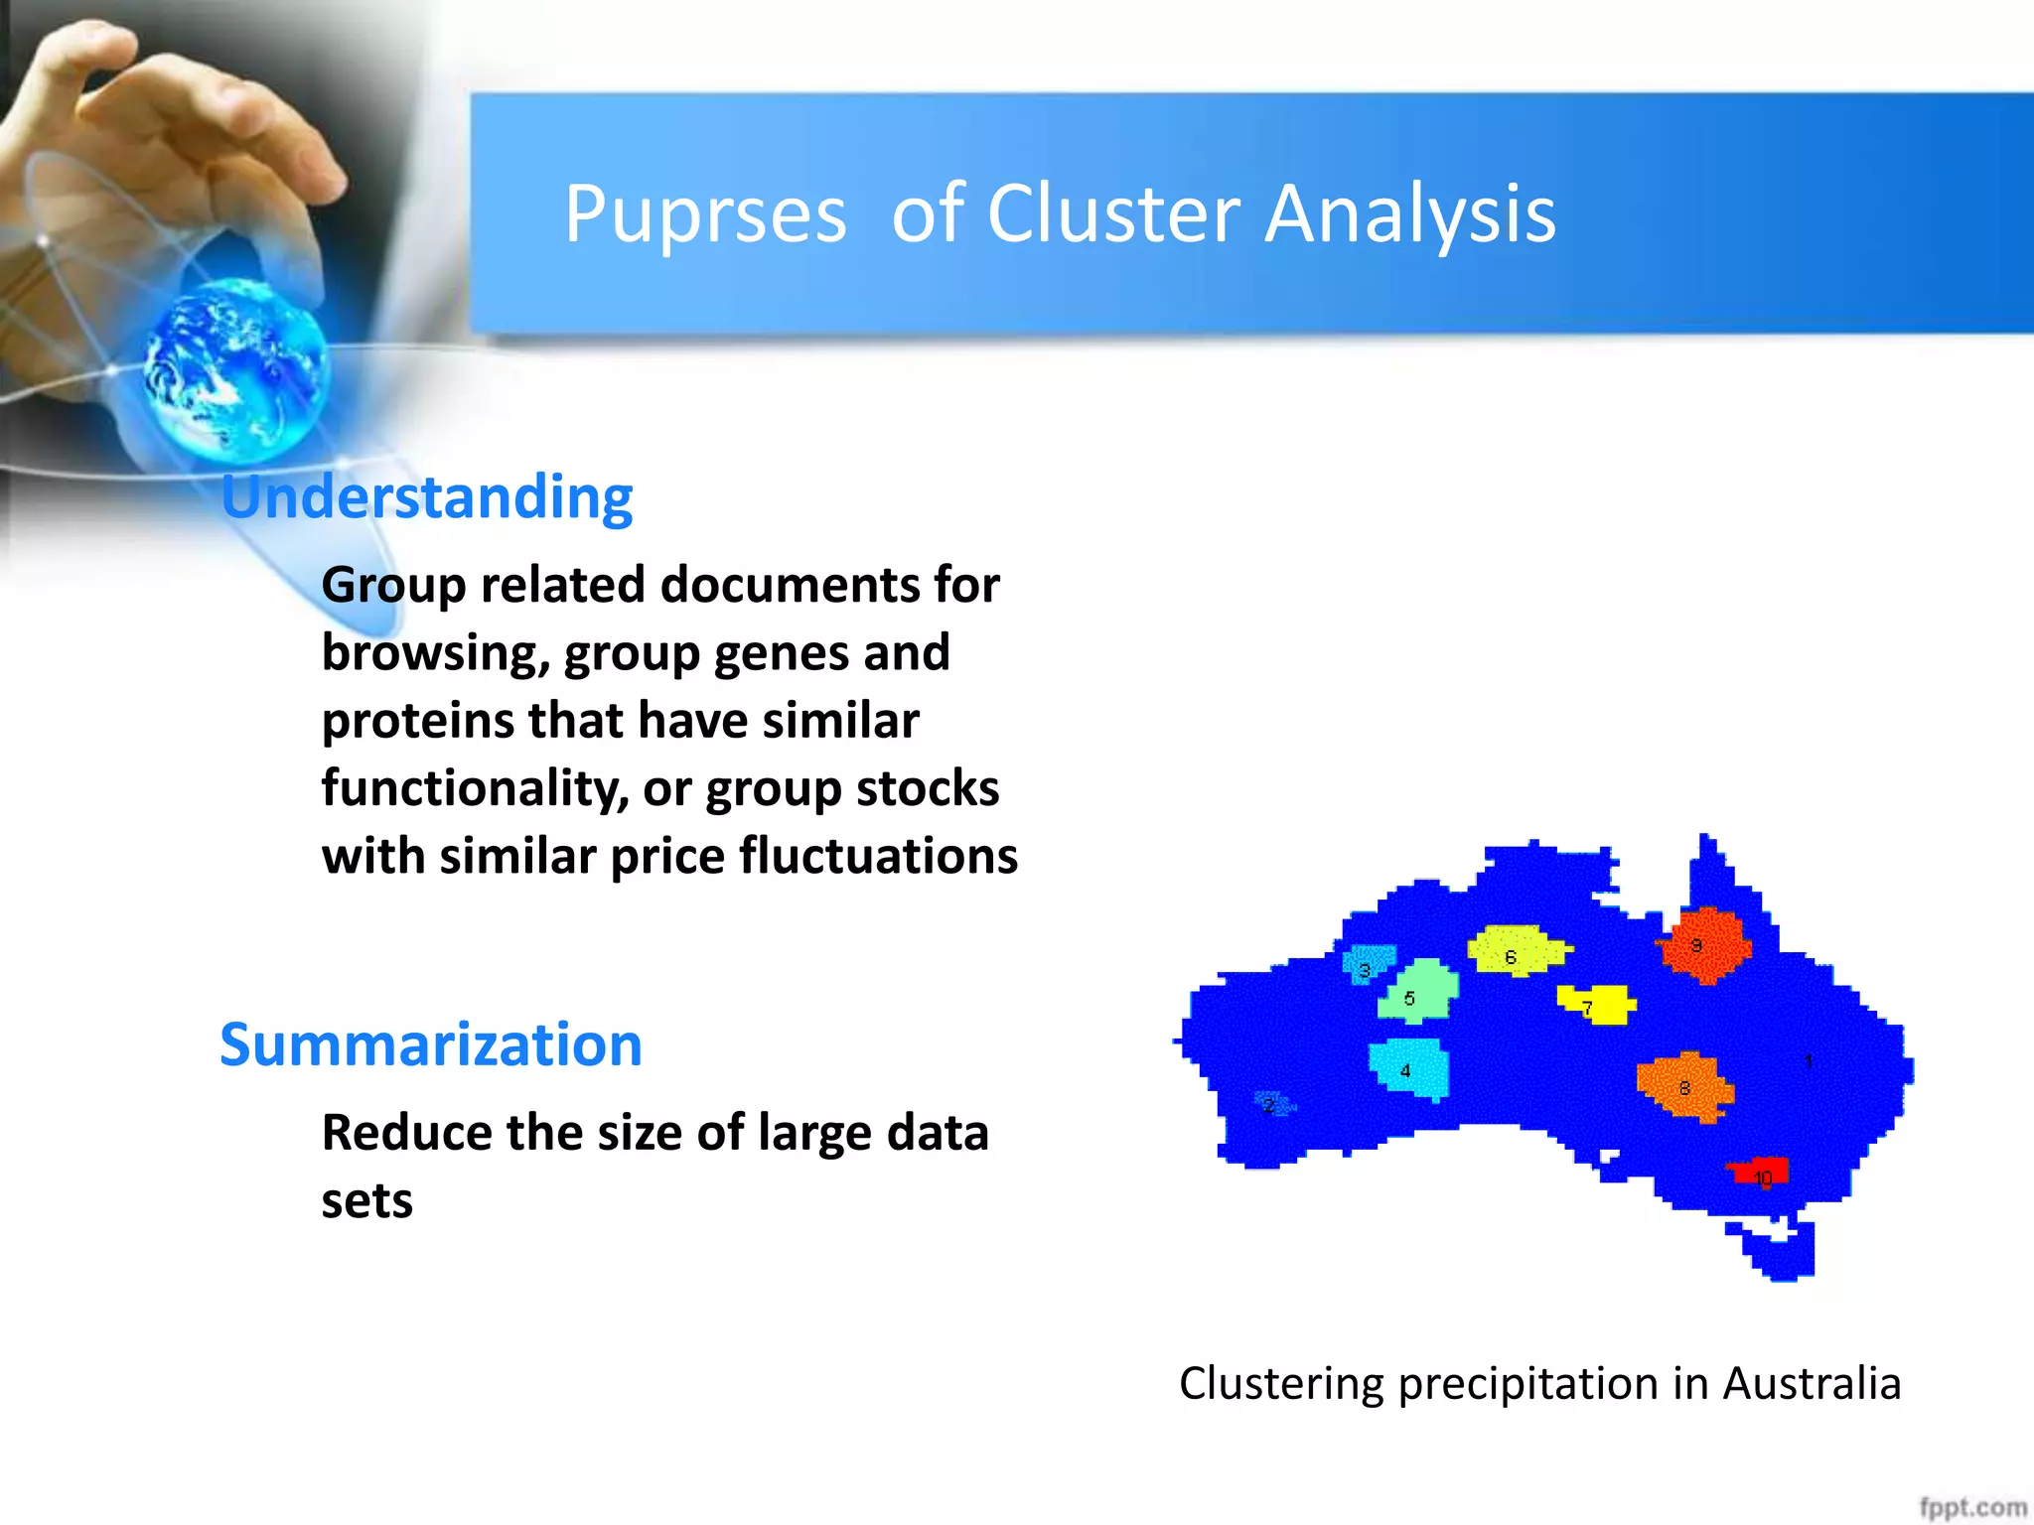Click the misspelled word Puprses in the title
[x=705, y=215]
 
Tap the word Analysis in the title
[x=1410, y=215]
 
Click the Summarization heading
[x=431, y=1044]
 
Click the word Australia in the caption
[x=1811, y=1383]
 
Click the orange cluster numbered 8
[x=1685, y=1086]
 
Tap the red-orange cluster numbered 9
[x=1704, y=945]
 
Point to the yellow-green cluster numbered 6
[x=1517, y=950]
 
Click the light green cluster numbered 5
[x=1419, y=991]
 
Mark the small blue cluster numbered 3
[x=1369, y=963]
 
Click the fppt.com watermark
[x=1972, y=1507]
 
